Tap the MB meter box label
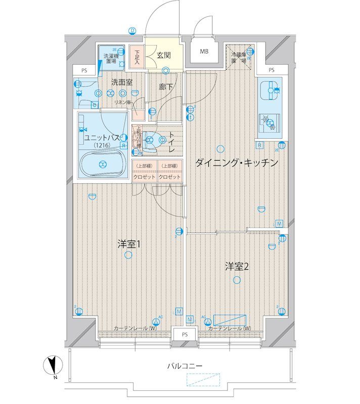(x=204, y=52)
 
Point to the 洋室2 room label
(x=237, y=267)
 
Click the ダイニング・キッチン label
(x=237, y=163)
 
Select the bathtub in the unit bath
(x=103, y=164)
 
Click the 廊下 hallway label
(x=165, y=87)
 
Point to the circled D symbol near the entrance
(x=132, y=30)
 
